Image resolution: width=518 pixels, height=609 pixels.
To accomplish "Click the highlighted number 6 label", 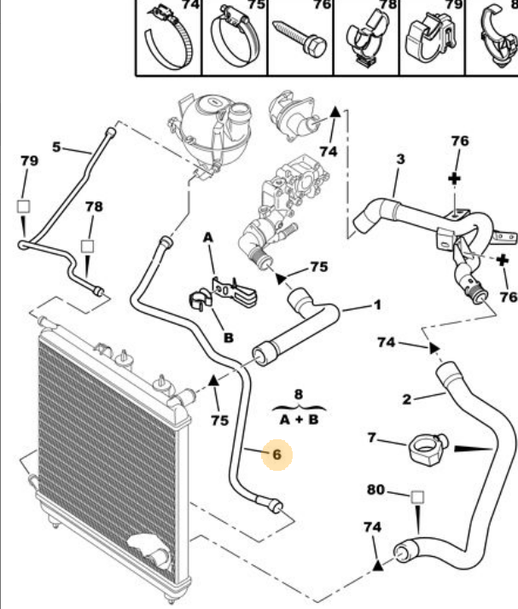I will point(276,455).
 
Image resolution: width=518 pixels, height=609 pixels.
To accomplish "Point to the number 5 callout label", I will point(56,147).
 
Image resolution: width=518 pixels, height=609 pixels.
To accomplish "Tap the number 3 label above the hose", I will point(400,158).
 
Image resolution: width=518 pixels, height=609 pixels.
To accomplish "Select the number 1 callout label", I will point(376,304).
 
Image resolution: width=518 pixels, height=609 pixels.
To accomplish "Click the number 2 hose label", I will point(407,398).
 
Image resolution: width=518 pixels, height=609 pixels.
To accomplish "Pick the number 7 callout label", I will point(371,437).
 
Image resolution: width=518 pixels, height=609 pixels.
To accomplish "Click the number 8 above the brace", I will point(298,394).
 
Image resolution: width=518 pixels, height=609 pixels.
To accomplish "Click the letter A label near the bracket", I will point(207,242).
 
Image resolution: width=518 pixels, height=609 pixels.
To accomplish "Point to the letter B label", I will point(228,338).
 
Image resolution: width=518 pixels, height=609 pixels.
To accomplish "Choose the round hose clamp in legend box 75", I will point(231,38).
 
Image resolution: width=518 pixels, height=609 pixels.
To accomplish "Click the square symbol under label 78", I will point(87,246).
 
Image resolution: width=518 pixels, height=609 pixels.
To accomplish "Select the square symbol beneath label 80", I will point(417,496).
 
